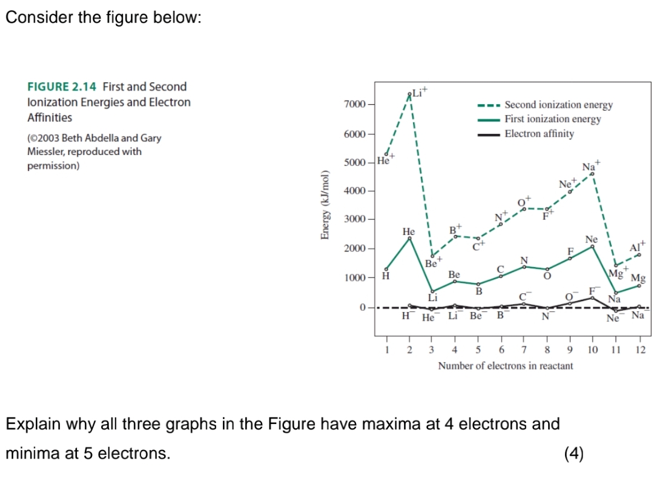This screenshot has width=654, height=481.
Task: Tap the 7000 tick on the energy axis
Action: pyautogui.click(x=354, y=105)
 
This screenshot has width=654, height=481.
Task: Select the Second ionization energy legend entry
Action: pyautogui.click(x=558, y=105)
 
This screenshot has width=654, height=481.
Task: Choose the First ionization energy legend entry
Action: pyautogui.click(x=552, y=119)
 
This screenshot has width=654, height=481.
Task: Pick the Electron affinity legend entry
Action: pyautogui.click(x=539, y=134)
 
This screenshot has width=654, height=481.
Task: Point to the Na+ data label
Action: pyautogui.click(x=590, y=166)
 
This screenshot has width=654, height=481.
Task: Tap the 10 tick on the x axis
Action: pyautogui.click(x=592, y=350)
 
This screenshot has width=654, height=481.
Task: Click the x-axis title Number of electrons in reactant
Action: pyautogui.click(x=505, y=366)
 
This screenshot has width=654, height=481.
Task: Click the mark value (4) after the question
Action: pyautogui.click(x=573, y=453)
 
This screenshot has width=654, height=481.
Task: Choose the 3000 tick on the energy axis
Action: pyautogui.click(x=354, y=219)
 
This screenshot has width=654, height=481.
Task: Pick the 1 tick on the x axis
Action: pyautogui.click(x=386, y=350)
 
